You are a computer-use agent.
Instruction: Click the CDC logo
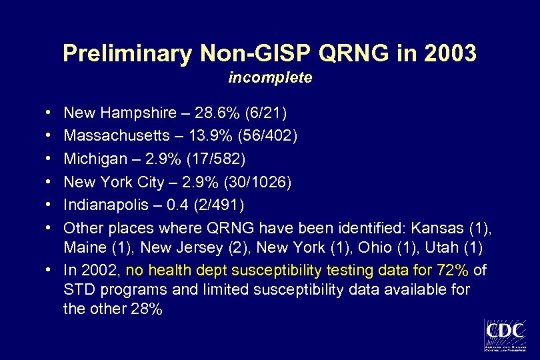point(505,335)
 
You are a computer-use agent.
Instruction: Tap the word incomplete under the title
point(270,78)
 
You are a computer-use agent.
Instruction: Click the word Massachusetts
point(117,136)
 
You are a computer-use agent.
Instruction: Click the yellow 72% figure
point(452,271)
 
